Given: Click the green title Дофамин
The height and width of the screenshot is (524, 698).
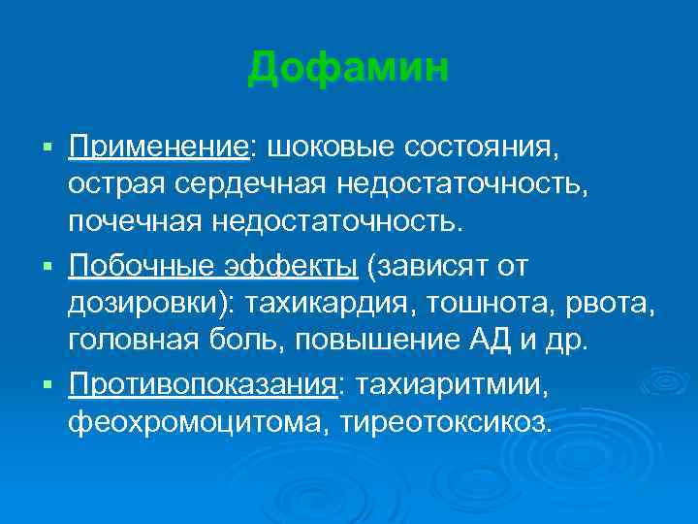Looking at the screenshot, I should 348,69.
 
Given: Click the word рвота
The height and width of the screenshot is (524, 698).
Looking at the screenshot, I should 613,302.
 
